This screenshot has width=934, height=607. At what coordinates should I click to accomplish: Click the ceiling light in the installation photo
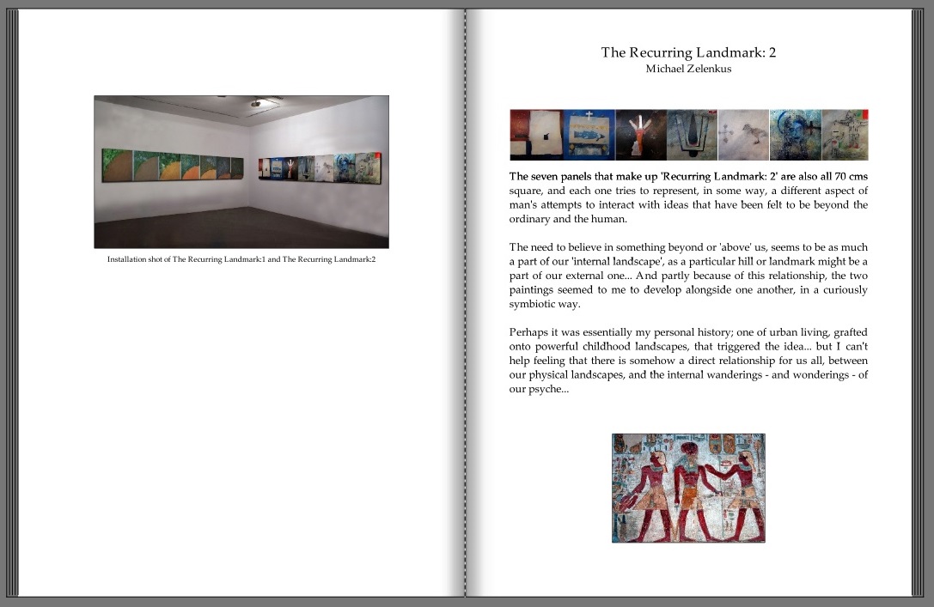pyautogui.click(x=254, y=103)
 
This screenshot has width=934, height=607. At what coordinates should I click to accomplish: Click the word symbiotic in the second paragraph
pyautogui.click(x=536, y=305)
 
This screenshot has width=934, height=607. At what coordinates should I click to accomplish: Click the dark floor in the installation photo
pyautogui.click(x=241, y=228)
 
